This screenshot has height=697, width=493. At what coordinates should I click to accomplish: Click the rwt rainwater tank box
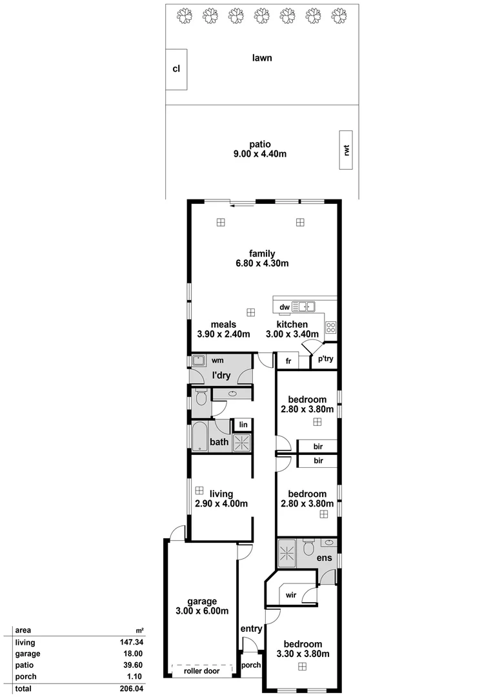coord(347,150)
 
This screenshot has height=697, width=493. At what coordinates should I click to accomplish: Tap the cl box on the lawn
coord(176,68)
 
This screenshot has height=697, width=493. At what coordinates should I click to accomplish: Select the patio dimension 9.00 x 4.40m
coord(259,155)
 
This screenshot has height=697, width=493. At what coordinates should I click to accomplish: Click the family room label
coord(263,253)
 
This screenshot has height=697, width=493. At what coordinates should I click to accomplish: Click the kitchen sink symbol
coord(303,307)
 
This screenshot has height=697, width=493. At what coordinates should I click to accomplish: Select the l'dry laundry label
coord(222,375)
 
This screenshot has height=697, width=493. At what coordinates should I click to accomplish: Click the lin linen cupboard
coord(243,424)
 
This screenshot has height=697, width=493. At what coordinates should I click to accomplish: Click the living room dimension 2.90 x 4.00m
coord(221,504)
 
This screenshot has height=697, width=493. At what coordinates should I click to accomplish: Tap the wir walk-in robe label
coord(290,596)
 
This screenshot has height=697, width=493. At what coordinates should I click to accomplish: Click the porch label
coord(250,665)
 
